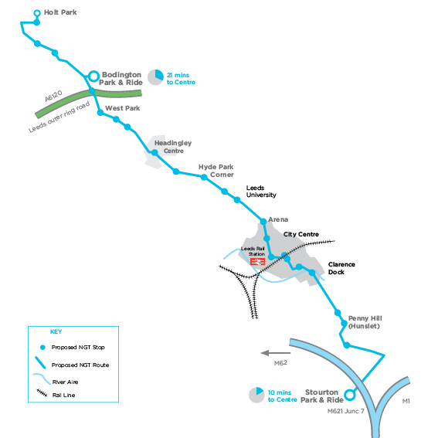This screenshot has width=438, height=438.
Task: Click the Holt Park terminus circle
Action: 37,13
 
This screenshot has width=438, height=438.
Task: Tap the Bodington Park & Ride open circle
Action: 94,76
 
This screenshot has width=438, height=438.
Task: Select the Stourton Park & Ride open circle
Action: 349,395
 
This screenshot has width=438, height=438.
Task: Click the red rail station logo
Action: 257,261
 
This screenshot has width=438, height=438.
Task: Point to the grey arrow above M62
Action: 276,353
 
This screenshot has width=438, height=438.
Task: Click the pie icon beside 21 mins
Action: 155,77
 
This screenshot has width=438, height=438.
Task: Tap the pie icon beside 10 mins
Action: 256,395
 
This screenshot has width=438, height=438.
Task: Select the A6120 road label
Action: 53,96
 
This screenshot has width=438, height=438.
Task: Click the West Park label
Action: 122,108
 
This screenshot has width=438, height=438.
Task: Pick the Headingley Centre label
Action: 173,147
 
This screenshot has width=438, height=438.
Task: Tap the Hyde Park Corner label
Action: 216,171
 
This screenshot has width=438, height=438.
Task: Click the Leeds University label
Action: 261,192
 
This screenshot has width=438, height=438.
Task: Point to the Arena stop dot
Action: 263,222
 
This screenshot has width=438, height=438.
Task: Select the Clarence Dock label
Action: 341,268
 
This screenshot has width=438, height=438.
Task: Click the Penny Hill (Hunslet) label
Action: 365,322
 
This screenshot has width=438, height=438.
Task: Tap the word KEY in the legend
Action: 56,332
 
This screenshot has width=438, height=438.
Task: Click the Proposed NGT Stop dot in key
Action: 42,347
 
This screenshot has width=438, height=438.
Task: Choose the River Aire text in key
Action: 66,382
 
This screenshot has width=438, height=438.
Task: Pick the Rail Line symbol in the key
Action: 42,392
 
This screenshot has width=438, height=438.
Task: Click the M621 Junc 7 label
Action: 346,411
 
